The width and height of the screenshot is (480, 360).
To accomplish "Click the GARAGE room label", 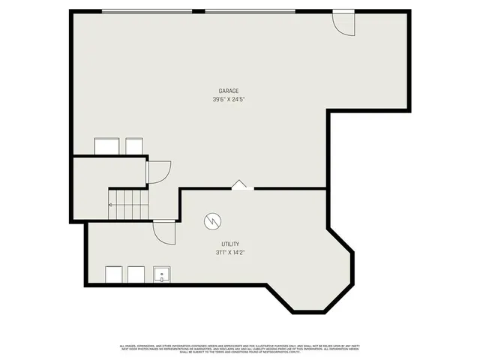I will pos(229,91).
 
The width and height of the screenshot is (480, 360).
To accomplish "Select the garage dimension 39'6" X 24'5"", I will pos(229,99).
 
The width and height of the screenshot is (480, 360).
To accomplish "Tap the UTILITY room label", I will pos(229,244).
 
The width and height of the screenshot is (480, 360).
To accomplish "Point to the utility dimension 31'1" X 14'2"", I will pos(229,253).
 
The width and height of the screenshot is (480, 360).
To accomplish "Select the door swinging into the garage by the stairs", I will pos(159,172).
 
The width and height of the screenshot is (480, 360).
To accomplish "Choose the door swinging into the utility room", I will pos(164,231).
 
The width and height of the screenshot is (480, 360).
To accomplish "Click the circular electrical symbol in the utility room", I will pos(213,221).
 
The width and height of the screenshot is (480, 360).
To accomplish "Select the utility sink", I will pos(163,275).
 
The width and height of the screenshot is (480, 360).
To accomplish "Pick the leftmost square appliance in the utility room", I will pos(114,275).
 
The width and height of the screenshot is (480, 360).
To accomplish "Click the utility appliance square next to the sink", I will pos(136,275).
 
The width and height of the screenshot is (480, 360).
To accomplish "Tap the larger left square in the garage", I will pos(106,146).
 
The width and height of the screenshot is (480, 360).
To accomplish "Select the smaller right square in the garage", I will pos(134,146).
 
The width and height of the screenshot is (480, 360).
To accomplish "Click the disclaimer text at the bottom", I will pos(240,348).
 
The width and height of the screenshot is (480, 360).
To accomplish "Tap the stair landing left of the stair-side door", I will pos(109,172).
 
